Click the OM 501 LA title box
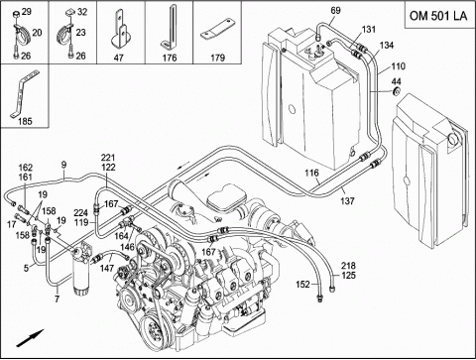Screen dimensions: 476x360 [x=439, y=15]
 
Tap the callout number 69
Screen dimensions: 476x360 [x=335, y=11]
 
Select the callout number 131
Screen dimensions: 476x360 [x=369, y=30]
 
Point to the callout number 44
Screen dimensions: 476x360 [x=397, y=81]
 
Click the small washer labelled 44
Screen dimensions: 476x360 [x=396, y=91]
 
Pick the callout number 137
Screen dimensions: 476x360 [x=347, y=200]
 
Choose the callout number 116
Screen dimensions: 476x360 [x=311, y=173]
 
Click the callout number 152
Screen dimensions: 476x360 [x=302, y=284]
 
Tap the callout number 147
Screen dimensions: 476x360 [x=107, y=268]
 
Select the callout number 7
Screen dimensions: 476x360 [x=57, y=300]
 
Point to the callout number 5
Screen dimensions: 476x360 [x=26, y=268]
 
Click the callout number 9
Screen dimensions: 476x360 [x=63, y=165]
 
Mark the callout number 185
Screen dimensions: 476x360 [x=25, y=121]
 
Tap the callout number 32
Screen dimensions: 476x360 [x=82, y=12]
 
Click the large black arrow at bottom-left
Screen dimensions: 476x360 [x=30, y=338]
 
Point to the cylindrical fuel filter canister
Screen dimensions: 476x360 [x=81, y=271]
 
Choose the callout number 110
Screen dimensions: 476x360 [x=398, y=66]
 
